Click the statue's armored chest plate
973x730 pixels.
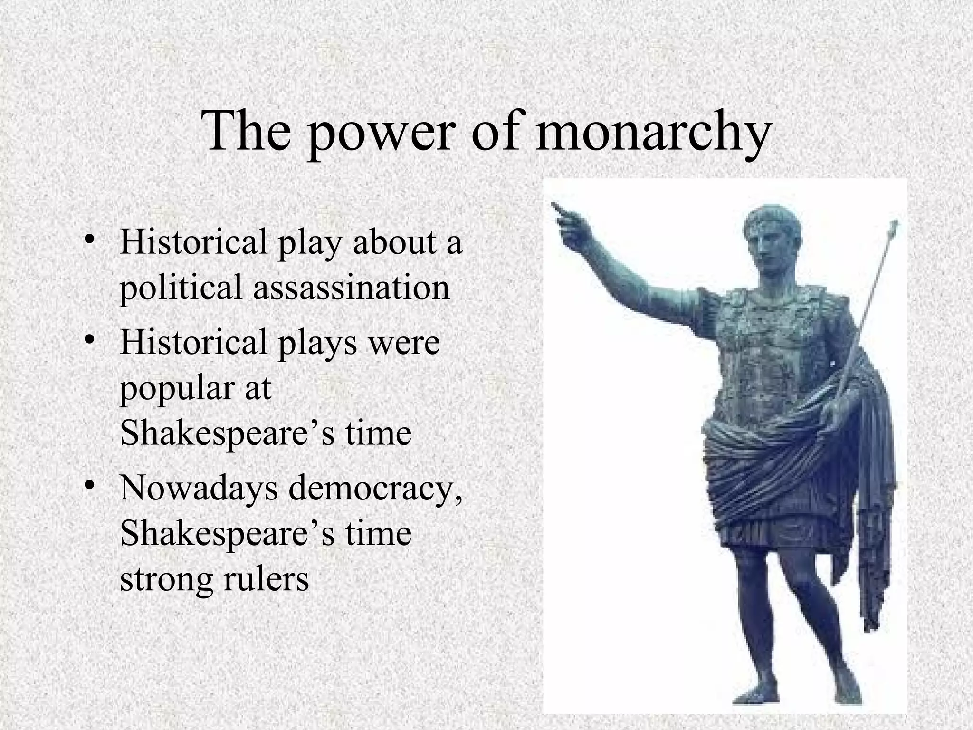click(770, 342)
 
